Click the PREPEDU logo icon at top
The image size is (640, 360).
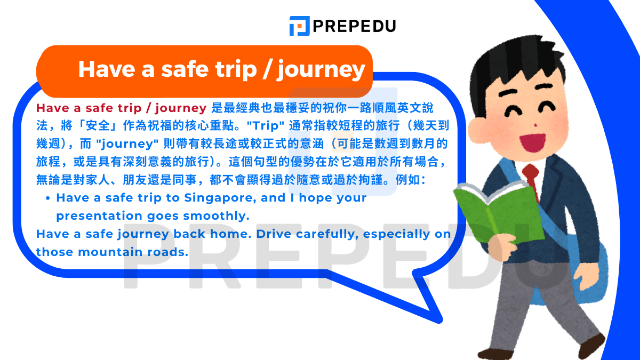click(299, 26)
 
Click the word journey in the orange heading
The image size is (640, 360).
click(321, 70)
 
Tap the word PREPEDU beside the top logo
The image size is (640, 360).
click(354, 26)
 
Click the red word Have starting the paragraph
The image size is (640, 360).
click(53, 108)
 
